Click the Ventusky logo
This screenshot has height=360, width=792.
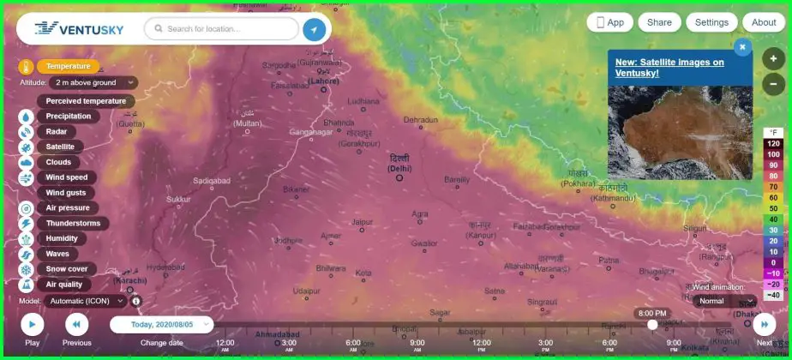tap(80, 29)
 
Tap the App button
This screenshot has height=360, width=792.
tap(610, 22)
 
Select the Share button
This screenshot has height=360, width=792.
tap(659, 22)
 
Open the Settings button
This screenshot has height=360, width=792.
tap(711, 22)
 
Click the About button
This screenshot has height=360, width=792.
tap(763, 22)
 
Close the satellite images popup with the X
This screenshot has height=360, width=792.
tap(742, 47)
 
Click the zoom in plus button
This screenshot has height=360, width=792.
tap(773, 59)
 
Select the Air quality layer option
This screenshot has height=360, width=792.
tap(64, 285)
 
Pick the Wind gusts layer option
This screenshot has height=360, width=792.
tap(66, 193)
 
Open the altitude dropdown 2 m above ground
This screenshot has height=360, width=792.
tap(93, 82)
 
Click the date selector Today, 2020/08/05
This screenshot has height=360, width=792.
tap(162, 325)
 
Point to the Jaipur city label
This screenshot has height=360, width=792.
tap(362, 222)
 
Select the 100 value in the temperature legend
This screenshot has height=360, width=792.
tap(773, 154)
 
